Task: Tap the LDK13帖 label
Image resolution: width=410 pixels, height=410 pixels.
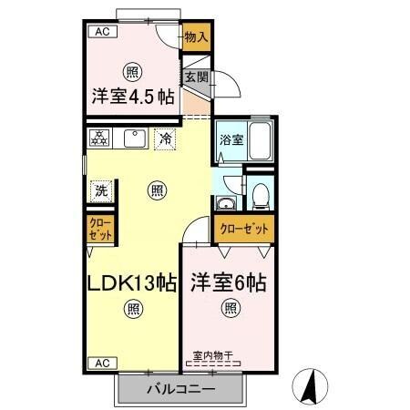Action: pyautogui.click(x=132, y=282)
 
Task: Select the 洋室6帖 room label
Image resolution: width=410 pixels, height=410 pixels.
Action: pyautogui.click(x=228, y=282)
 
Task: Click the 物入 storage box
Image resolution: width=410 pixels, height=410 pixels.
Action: pyautogui.click(x=196, y=37)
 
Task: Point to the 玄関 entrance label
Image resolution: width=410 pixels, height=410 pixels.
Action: pyautogui.click(x=197, y=77)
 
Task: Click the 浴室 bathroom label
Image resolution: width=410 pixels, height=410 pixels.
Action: pyautogui.click(x=231, y=139)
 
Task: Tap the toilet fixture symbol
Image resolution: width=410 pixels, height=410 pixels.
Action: pyautogui.click(x=261, y=194)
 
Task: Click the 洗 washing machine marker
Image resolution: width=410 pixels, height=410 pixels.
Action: pyautogui.click(x=102, y=191)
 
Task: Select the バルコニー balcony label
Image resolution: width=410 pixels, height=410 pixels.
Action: pyautogui.click(x=180, y=390)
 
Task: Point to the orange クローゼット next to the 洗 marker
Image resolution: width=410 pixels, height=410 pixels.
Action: pyautogui.click(x=101, y=228)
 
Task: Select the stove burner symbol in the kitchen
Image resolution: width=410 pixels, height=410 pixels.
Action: pyautogui.click(x=99, y=138)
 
